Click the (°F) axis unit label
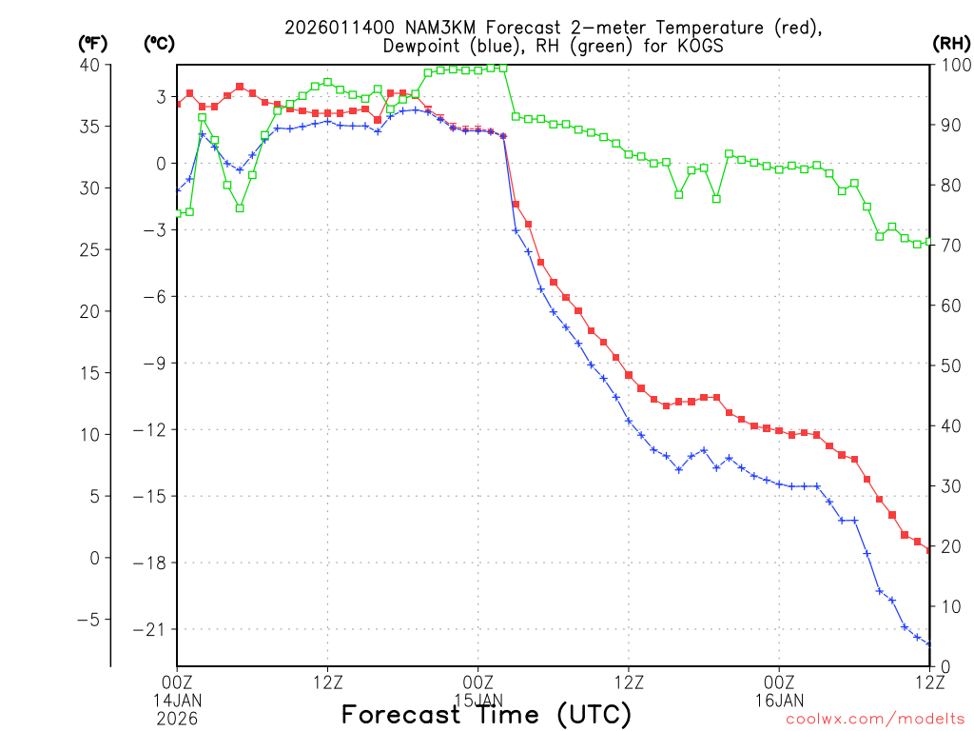[92, 44]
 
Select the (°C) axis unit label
[158, 44]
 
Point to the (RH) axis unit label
[949, 44]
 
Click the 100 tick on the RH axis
[951, 65]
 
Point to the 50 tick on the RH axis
[947, 365]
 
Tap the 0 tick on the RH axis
[943, 665]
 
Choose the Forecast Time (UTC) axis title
[486, 714]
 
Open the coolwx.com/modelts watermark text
[875, 719]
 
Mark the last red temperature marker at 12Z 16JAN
[929, 550]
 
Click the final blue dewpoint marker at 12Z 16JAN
[929, 644]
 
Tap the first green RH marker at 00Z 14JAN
[177, 213]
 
